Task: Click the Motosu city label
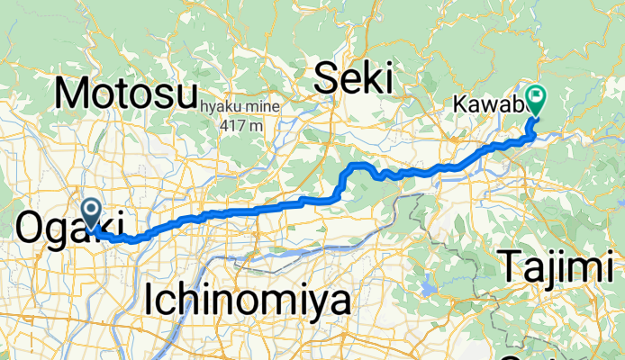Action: tap(125, 93)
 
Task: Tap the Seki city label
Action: tap(354, 80)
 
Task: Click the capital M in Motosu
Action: tap(71, 93)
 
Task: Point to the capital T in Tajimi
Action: tap(510, 267)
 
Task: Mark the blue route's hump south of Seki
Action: tap(360, 166)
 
